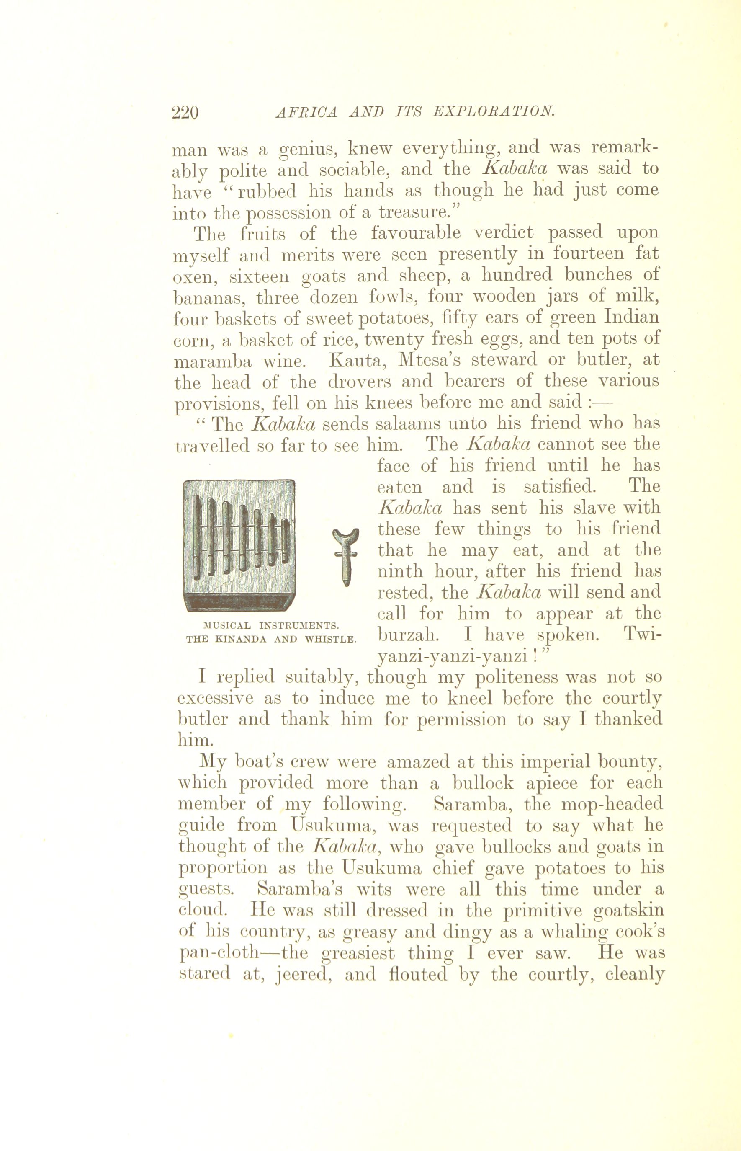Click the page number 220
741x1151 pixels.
185,112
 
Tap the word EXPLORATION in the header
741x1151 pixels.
494,112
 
